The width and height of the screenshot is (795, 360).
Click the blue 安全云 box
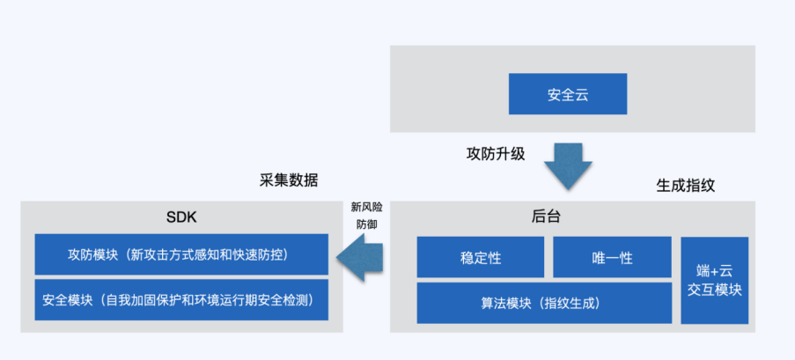click(x=568, y=94)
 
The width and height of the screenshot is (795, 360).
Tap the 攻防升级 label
click(x=495, y=153)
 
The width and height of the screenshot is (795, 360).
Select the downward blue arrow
click(x=568, y=165)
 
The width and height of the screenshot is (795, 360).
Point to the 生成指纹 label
click(x=686, y=187)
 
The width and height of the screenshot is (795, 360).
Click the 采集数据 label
click(x=289, y=180)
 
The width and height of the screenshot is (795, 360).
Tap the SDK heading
click(x=181, y=217)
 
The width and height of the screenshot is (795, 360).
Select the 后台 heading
click(x=546, y=217)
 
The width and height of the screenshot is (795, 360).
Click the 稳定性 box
click(x=481, y=258)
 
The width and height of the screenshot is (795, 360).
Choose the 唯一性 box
click(x=612, y=258)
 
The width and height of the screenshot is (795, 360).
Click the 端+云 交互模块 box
click(x=714, y=280)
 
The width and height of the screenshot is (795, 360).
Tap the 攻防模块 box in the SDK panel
click(x=179, y=254)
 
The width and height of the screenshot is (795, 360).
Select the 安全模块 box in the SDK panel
click(x=179, y=300)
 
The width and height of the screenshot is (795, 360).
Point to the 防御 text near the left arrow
click(x=367, y=224)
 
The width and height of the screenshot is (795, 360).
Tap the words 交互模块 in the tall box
click(x=714, y=290)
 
